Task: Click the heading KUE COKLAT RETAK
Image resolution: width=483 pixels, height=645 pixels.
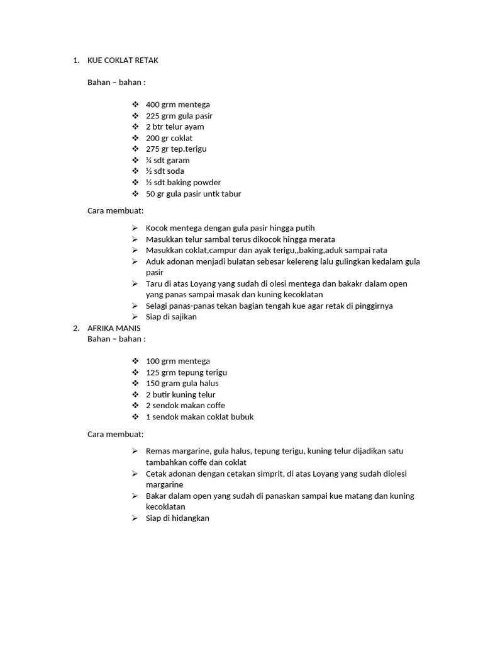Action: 123,60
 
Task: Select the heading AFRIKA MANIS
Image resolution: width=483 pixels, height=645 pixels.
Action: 114,328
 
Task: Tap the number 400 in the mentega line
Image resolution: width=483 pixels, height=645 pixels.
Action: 153,105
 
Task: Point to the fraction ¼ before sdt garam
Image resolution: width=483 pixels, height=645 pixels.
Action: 149,160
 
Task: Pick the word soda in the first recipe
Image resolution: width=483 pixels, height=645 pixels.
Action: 175,171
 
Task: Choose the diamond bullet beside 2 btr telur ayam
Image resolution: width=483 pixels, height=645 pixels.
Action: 136,127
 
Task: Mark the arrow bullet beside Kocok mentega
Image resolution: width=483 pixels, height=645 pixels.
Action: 135,228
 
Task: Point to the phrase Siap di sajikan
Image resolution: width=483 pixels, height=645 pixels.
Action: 171,317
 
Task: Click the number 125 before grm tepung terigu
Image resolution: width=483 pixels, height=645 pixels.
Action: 153,372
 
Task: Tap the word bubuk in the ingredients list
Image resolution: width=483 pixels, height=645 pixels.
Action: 242,417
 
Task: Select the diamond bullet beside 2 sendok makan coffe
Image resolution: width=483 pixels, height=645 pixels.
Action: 136,406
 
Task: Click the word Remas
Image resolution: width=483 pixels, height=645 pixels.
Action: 158,451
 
